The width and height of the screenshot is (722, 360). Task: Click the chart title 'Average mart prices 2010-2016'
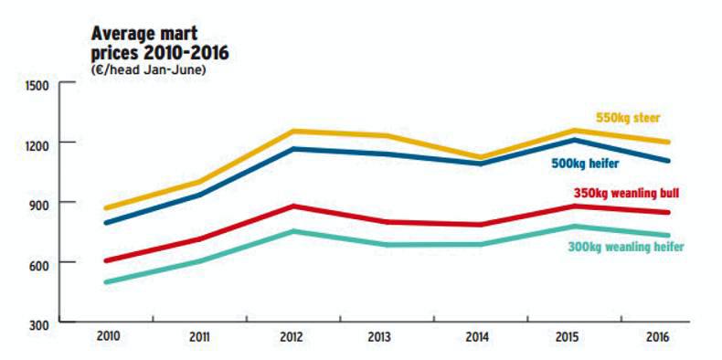click(x=160, y=43)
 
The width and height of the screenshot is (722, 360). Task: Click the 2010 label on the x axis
click(x=108, y=337)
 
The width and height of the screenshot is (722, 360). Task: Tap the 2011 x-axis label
click(x=199, y=337)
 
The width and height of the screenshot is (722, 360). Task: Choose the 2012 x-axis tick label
click(x=291, y=337)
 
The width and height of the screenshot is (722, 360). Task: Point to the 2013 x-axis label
click(x=382, y=337)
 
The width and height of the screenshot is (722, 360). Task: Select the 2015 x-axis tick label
click(x=567, y=337)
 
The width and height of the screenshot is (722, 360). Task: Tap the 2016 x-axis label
click(x=656, y=337)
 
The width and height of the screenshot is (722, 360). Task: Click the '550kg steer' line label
click(x=628, y=118)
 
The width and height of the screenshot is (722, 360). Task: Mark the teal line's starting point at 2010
click(x=108, y=281)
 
